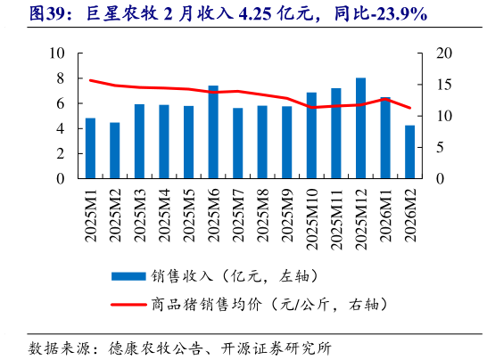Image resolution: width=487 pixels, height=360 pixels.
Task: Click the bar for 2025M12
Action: tap(360, 128)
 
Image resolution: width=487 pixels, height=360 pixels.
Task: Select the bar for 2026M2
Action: tap(409, 151)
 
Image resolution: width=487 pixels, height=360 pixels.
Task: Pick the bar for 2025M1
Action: tap(90, 148)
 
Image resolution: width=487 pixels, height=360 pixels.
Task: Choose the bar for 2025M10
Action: tap(311, 135)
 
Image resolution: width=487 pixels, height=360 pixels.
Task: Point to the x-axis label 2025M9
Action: tap(287, 214)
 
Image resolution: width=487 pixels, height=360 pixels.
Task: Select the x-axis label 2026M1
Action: tap(385, 214)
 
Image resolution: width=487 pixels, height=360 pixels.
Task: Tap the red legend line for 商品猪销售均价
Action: tap(128, 305)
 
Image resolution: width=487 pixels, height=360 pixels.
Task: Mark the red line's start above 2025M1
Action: tap(90, 80)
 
